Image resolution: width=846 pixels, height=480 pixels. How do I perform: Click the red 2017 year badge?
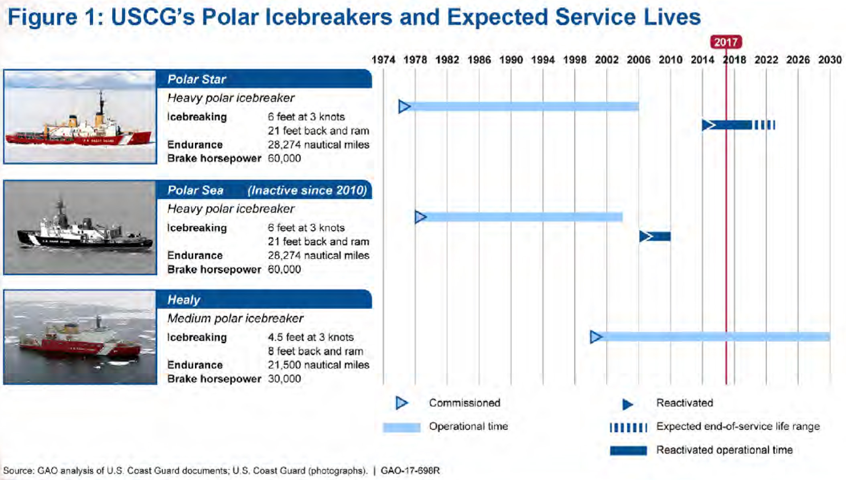726,42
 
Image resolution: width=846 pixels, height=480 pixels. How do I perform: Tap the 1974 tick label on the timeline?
383,60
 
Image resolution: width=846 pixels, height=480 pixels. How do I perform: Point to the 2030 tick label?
830,60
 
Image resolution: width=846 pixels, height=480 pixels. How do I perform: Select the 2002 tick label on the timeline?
606,60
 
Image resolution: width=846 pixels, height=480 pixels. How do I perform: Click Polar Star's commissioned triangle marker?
404,107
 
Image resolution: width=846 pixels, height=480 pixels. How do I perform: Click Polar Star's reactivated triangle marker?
708,125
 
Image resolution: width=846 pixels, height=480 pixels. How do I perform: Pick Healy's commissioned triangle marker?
596,337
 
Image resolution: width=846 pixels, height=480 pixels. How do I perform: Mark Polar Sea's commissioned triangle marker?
420,217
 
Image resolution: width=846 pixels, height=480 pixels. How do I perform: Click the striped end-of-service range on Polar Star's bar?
765,125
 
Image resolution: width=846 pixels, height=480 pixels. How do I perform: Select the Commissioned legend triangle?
401,403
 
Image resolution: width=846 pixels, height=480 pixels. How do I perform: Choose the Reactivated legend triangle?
627,404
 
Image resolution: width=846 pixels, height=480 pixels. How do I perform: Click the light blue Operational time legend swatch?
401,427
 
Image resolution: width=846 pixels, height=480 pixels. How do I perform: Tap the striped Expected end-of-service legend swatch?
628,427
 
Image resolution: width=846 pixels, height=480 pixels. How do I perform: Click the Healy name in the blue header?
184,300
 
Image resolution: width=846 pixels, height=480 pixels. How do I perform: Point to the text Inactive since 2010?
307,190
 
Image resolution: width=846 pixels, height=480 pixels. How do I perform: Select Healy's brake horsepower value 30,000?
284,379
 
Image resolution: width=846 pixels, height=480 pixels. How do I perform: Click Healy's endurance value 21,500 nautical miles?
319,365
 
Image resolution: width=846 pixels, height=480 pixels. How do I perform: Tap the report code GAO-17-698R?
410,470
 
